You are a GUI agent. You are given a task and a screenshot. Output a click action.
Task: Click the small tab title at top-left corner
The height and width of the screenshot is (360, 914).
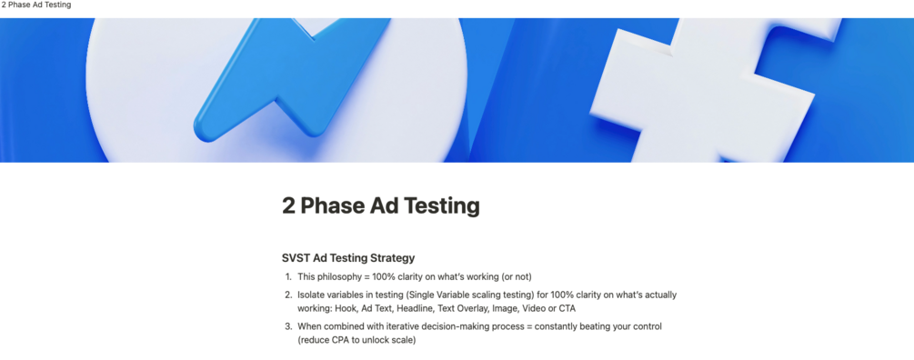(35, 5)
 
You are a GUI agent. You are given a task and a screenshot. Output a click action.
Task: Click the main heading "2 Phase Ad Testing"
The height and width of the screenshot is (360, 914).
(380, 205)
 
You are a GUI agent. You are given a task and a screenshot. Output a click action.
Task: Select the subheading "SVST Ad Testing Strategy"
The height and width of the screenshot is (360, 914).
(348, 258)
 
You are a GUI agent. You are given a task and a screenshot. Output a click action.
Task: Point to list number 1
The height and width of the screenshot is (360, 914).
(287, 276)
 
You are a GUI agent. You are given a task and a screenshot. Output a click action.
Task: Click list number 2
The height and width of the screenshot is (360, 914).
(287, 295)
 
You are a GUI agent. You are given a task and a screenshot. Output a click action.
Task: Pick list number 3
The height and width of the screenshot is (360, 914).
(287, 326)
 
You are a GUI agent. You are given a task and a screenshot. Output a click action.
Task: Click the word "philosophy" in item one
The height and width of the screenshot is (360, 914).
(340, 276)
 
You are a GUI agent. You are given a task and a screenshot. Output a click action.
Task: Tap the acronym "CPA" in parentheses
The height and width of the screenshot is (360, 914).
(341, 340)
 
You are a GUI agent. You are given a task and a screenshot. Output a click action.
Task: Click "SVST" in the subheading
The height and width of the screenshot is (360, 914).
(296, 258)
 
